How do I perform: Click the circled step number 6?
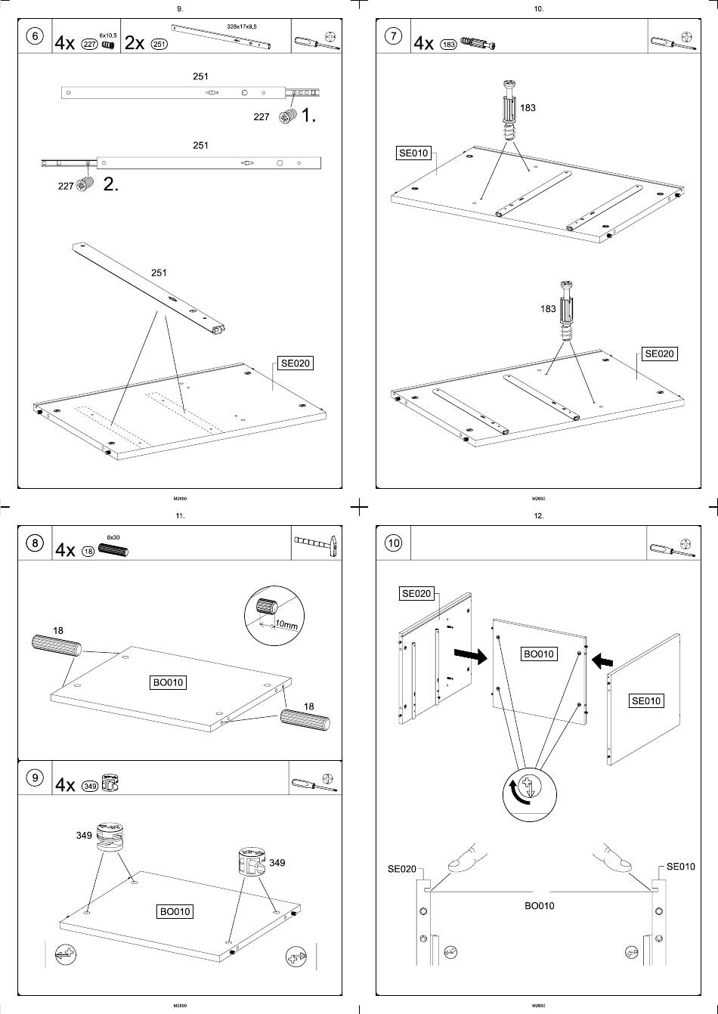coord(35,39)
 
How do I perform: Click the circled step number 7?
coord(394,39)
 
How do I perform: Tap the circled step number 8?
coord(35,543)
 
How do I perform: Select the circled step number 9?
coord(35,779)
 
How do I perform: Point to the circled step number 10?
coord(394,543)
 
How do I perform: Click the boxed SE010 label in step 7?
coord(413,153)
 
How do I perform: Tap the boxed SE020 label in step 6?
coord(296,363)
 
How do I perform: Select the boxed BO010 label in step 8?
coord(168,682)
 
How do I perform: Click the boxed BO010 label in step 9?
coord(175,911)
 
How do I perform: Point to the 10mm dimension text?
coord(286,625)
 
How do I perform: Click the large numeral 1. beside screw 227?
coord(308,116)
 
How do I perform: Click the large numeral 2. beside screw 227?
coord(110,184)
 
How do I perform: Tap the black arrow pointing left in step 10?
coord(602,661)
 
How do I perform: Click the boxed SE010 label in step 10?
coord(645,700)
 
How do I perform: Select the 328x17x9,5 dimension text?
coord(242,26)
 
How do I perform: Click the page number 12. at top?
coord(538,516)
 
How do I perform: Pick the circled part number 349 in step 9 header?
coord(89,785)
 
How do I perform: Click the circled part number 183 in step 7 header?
coord(448,45)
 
